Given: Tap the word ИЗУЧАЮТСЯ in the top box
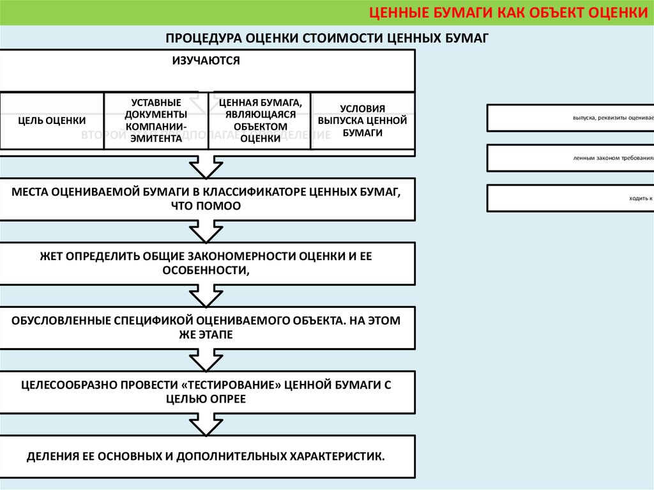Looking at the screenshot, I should (206, 61).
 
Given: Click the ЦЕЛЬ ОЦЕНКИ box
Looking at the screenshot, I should (52, 121).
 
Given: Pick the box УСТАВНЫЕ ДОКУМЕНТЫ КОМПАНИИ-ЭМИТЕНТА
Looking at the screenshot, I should (156, 121).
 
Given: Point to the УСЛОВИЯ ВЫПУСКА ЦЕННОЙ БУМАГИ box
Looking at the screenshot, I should (362, 121).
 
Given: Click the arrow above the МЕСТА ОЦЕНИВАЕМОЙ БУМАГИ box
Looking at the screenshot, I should (206, 167).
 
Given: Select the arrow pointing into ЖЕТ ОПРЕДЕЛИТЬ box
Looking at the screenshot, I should (206, 231).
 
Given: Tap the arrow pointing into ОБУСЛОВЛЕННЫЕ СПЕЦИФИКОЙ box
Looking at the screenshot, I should (206, 296).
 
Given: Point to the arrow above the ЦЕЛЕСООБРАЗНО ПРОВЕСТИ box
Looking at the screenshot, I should (206, 360).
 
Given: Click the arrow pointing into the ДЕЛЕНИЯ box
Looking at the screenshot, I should (206, 424).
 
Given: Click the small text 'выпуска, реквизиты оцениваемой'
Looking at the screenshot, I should (612, 118).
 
